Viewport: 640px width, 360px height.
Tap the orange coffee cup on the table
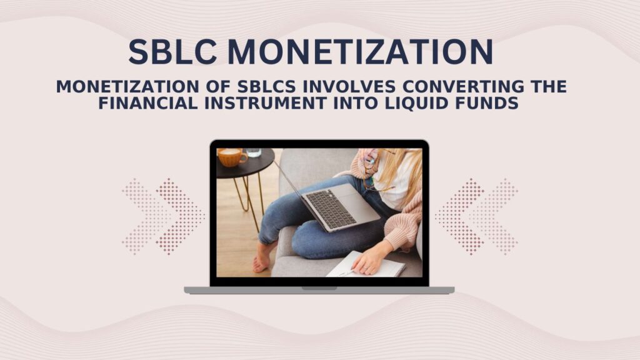[x=231, y=157]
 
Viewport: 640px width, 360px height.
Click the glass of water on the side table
[x=253, y=152]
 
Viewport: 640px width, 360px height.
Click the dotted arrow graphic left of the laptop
[x=163, y=216]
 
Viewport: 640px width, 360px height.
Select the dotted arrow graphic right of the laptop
[x=476, y=216]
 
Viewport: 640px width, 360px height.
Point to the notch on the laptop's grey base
[x=319, y=288]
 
